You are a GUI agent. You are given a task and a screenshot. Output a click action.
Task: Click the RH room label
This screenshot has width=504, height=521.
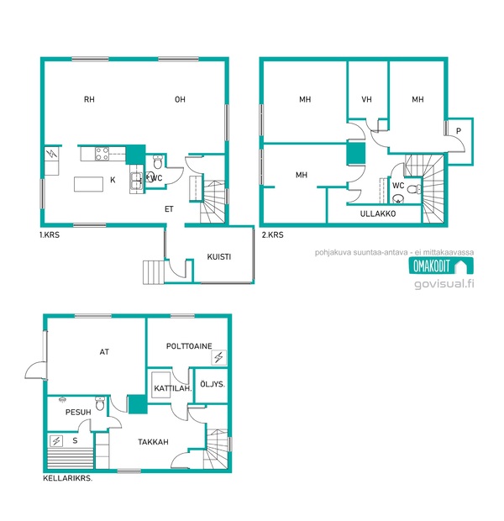pos(89,99)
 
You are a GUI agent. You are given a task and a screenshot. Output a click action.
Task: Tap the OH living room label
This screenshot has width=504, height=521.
pos(180,99)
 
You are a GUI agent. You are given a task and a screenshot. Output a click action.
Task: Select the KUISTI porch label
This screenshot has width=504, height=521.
pos(218,257)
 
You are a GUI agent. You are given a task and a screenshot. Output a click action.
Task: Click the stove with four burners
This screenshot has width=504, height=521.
pos(102,154)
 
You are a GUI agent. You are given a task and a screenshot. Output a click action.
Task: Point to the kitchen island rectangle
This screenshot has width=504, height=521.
pos(88,184)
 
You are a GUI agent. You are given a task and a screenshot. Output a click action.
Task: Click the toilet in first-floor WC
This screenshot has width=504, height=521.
pos(157,162)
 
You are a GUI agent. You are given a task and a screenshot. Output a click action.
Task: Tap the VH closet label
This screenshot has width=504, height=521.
pos(366,99)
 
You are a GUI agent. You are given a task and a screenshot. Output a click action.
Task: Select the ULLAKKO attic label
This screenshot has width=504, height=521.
pos(378,213)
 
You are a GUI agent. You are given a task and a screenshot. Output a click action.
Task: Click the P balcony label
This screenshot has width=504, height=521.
pos(459,131)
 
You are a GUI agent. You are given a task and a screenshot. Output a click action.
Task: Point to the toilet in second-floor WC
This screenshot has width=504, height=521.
pos(413,189)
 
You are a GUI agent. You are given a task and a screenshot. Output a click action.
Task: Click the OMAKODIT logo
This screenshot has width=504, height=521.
pos(441,266)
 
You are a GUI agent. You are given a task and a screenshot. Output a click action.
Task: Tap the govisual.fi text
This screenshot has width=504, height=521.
pos(444,284)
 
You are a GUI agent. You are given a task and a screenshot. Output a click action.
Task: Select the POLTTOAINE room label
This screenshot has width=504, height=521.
pos(189,346)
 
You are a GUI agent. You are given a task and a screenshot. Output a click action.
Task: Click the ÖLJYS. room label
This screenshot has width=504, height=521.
pos(213,384)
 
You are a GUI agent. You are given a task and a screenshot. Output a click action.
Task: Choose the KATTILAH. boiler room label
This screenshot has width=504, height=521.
pos(173,388)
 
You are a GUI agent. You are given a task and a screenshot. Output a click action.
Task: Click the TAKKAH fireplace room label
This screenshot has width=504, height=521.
pos(153,442)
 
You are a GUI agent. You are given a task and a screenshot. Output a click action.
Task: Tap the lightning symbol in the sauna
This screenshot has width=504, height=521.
pos(56,441)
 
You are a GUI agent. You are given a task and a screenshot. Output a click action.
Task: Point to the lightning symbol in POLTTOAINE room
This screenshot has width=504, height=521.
pos(218,357)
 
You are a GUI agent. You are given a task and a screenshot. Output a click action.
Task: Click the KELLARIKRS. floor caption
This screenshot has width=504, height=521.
pos(68,478)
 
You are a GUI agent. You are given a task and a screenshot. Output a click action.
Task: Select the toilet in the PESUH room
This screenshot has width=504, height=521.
pos(100,403)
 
